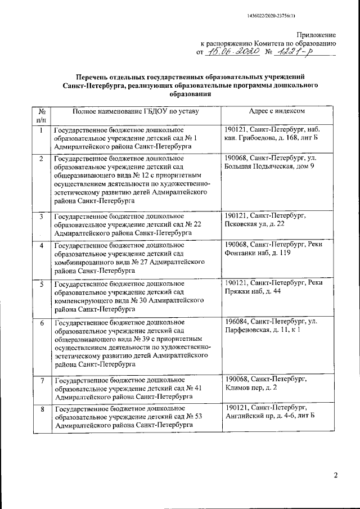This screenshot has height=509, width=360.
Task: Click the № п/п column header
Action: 41,116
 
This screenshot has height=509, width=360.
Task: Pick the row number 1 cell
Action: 41,130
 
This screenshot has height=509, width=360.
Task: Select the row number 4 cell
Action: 41,246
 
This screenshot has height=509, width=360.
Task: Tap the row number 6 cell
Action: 41,323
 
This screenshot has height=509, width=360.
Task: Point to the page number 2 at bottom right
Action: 335,476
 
